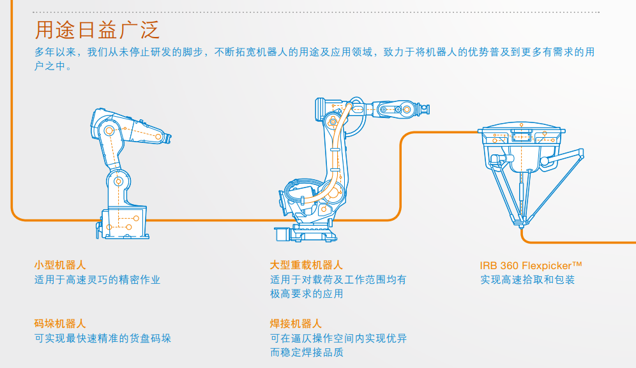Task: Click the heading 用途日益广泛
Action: click(96, 29)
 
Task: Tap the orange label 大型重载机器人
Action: click(306, 265)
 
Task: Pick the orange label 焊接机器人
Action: click(296, 324)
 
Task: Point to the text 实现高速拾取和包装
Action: click(527, 280)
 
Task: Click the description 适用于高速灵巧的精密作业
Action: click(97, 279)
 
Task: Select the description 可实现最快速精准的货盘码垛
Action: click(102, 338)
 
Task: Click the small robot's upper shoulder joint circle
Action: click(109, 131)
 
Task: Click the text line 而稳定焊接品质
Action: click(307, 353)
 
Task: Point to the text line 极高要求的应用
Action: click(307, 294)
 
